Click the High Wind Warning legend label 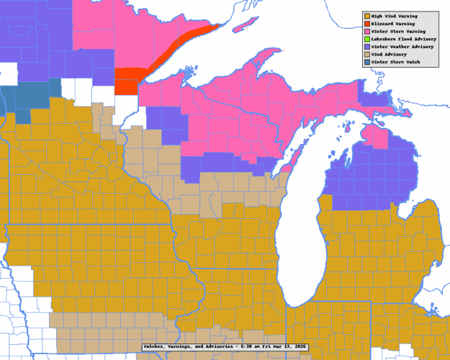[x=397, y=16]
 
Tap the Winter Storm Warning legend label [x=399, y=32]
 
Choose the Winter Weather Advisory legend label [x=403, y=47]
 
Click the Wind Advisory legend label [x=391, y=54]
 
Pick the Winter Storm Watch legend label [x=396, y=62]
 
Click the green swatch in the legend [x=367, y=39]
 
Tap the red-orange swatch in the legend [x=367, y=24]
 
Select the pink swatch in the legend [x=367, y=32]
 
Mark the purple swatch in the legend [x=367, y=47]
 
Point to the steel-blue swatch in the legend [x=367, y=62]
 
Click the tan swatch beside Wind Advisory [x=367, y=54]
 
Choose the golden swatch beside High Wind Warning [x=367, y=16]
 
